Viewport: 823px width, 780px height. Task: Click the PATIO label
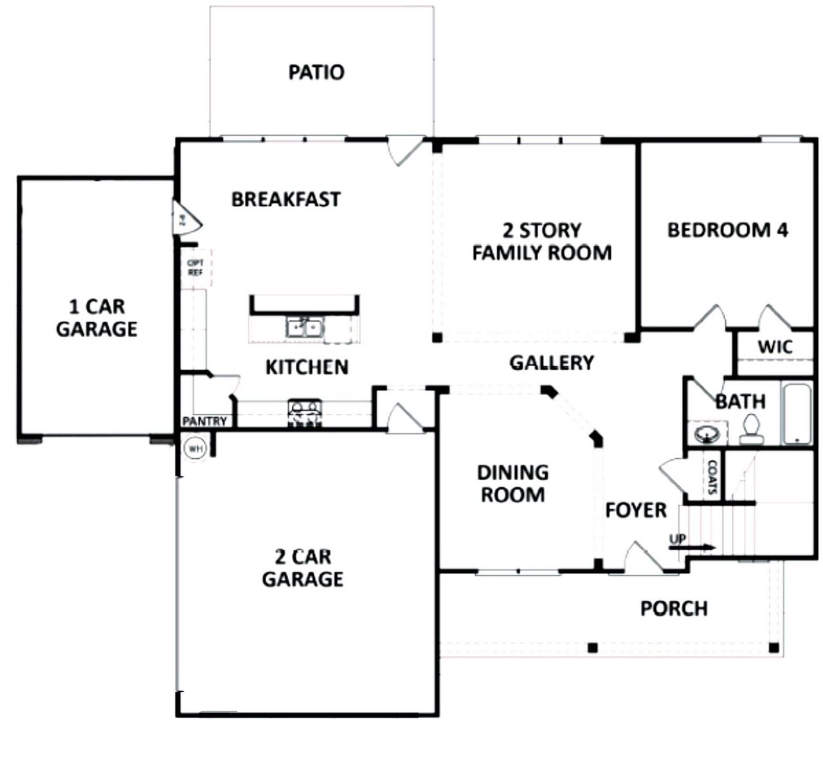316,72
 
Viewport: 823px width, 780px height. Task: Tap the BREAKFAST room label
285,200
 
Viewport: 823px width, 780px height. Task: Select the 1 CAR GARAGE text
96,318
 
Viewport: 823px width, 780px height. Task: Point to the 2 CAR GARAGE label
302,568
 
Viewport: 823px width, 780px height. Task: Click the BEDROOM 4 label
727,230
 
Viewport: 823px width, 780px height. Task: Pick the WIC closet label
775,347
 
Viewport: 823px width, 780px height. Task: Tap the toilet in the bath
750,429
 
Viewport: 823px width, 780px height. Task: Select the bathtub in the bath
797,414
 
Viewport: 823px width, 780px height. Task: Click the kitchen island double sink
304,327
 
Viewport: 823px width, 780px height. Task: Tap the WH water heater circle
194,448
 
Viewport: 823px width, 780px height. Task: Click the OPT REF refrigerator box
195,268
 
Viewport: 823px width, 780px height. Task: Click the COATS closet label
712,476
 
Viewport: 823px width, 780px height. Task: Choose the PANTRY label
204,422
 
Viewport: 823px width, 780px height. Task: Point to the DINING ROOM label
512,483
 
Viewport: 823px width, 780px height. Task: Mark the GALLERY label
551,363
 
